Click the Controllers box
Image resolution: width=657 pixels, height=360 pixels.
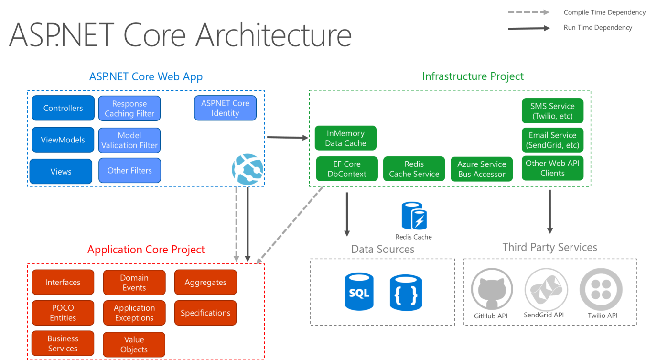(63, 108)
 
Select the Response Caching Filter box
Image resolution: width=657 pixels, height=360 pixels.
(129, 108)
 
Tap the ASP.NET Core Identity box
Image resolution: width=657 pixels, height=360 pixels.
(225, 108)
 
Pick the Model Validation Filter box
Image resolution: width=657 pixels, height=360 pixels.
(129, 140)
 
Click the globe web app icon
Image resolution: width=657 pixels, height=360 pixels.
(248, 169)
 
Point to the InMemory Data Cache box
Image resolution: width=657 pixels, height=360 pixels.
(345, 138)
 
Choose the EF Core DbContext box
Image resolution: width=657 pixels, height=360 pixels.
(347, 169)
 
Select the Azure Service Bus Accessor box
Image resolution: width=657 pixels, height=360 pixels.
(482, 169)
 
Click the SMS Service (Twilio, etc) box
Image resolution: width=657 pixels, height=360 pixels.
(552, 111)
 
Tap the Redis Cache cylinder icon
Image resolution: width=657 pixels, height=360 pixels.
(414, 216)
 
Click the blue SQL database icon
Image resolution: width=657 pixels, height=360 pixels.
(359, 292)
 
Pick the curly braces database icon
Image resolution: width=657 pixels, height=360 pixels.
(406, 293)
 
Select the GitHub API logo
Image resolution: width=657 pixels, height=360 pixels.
(492, 289)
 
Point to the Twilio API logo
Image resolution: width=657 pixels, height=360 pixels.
(601, 289)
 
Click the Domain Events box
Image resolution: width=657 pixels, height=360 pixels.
(134, 283)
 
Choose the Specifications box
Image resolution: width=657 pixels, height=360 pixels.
(205, 313)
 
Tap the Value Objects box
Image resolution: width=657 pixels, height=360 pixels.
(134, 344)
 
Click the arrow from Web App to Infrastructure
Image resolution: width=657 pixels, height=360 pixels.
(288, 137)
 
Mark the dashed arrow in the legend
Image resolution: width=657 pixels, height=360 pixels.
(528, 12)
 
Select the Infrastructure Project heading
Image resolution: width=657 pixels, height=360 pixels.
(473, 76)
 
